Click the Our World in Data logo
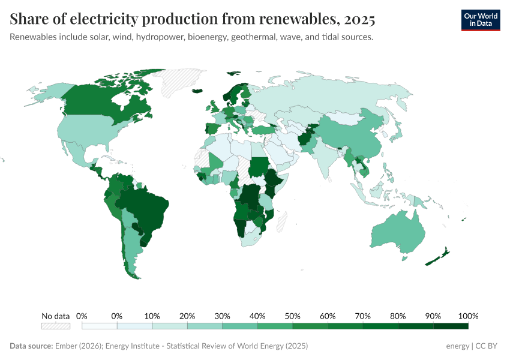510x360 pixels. (x=480, y=20)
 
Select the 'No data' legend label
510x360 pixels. (x=55, y=316)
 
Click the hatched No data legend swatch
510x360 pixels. (x=55, y=326)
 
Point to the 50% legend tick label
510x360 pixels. (x=293, y=316)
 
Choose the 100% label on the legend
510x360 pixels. (x=467, y=316)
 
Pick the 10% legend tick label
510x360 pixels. (x=152, y=316)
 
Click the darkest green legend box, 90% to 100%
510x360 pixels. (x=451, y=326)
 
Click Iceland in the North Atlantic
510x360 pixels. (x=197, y=92)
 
